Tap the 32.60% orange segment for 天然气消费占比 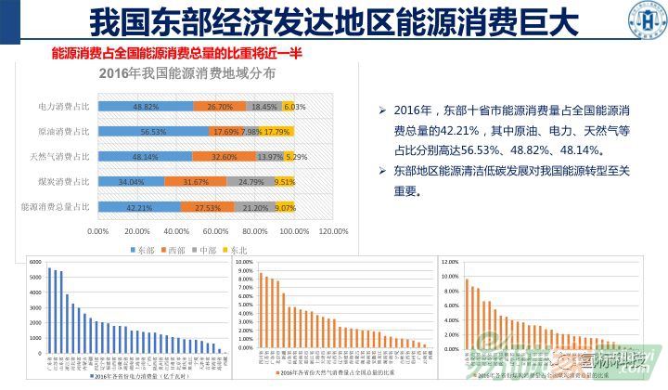click(225, 157)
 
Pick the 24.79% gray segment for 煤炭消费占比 click(249, 182)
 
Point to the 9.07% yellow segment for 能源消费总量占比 click(286, 207)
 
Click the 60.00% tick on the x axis click(216, 230)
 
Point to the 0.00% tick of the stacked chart click(97, 230)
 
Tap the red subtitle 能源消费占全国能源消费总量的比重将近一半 click(176, 54)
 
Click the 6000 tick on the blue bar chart click(36, 263)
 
